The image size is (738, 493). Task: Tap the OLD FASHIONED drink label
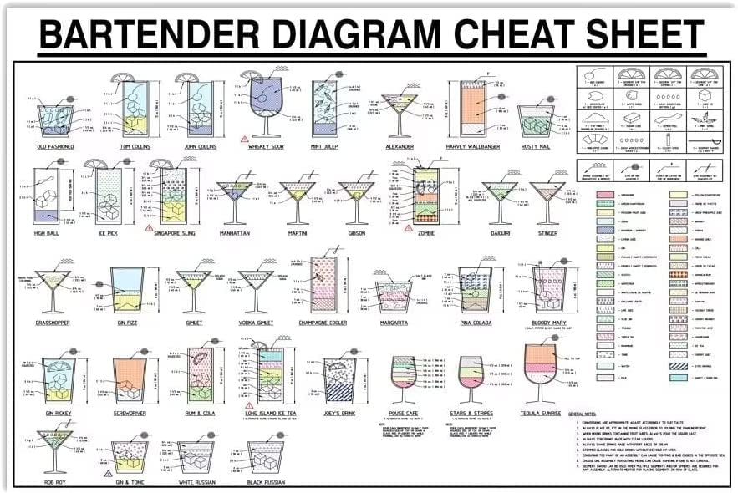click(x=55, y=147)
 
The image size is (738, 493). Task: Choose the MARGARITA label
click(x=393, y=323)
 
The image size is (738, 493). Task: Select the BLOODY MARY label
click(x=551, y=323)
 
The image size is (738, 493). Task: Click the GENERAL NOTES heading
click(x=590, y=414)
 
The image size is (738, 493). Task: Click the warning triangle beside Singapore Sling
click(x=149, y=227)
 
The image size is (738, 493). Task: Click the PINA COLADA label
click(x=475, y=323)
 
